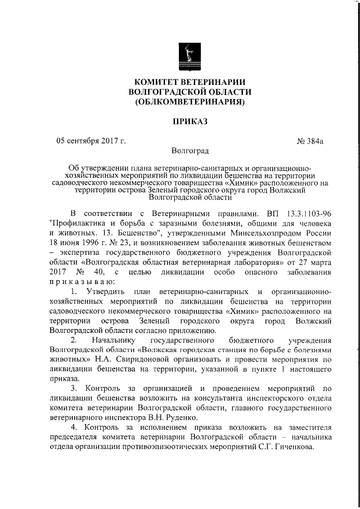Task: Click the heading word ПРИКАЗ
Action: [x=189, y=121]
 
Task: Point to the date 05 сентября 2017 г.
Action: [x=91, y=141]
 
